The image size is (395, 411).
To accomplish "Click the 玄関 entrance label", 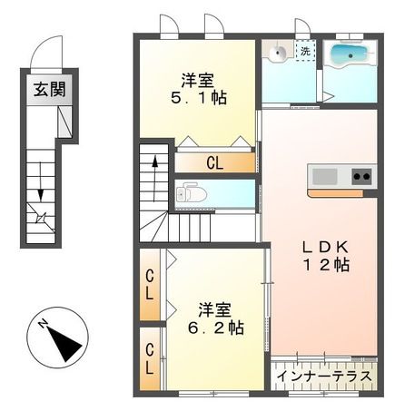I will (x=44, y=90).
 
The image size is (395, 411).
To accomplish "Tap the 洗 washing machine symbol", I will (x=305, y=52).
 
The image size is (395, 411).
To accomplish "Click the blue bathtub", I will (x=350, y=57).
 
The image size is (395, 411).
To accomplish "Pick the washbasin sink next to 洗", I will (x=277, y=53).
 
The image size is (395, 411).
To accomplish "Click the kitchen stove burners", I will (x=361, y=175).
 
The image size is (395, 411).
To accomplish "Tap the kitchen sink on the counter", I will (x=324, y=175).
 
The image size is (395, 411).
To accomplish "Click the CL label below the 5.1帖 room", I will (x=214, y=163).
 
